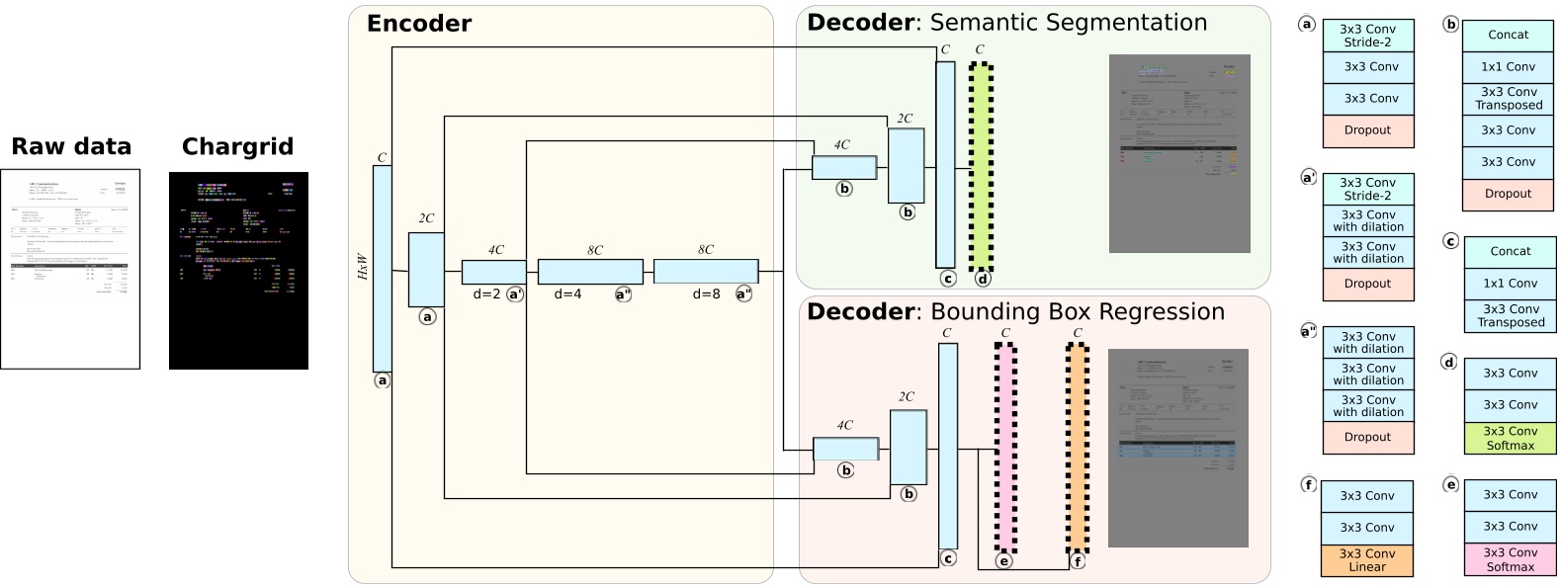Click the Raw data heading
(70, 147)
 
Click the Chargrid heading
(237, 147)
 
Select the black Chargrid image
(238, 271)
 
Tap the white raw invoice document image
(70, 269)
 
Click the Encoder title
(418, 24)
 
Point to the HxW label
(363, 268)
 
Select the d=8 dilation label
(706, 293)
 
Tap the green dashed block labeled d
(981, 166)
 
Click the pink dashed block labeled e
(1005, 447)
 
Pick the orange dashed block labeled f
(1078, 447)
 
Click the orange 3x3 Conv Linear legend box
(1367, 560)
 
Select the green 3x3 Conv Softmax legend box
(1510, 438)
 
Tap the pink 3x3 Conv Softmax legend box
(1510, 559)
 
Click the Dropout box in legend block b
(1508, 195)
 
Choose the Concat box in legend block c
(1510, 252)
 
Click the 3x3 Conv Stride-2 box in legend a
(1367, 36)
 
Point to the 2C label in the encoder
(426, 218)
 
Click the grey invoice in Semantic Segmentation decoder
(1179, 153)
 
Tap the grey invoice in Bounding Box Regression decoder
(1178, 448)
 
